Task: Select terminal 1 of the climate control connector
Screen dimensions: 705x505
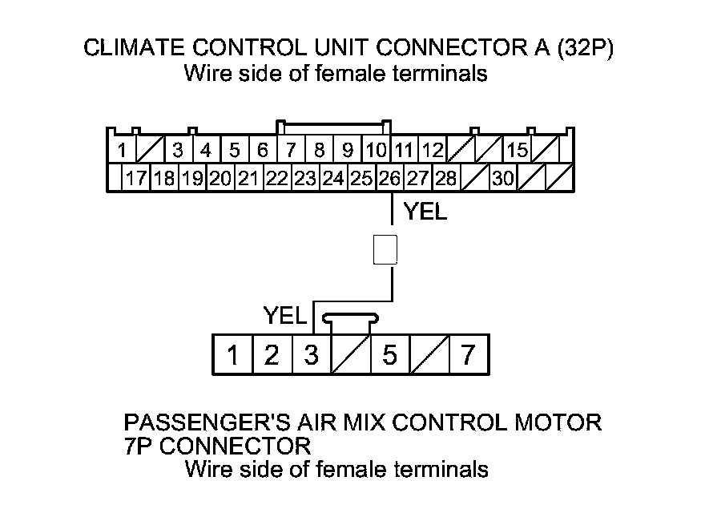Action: point(121,150)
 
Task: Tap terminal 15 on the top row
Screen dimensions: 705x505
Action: point(517,150)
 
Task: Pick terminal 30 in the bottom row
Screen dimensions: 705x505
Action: point(503,178)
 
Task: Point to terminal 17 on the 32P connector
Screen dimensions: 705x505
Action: point(136,178)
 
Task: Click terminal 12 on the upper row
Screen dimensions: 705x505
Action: point(433,150)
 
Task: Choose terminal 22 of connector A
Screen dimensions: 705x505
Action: point(277,178)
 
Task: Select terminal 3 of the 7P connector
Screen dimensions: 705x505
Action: point(311,355)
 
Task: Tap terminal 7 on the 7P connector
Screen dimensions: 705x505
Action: point(469,355)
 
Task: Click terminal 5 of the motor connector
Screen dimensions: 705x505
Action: point(389,355)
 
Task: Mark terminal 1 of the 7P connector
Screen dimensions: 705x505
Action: point(232,355)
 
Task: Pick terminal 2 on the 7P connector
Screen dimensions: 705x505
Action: point(272,355)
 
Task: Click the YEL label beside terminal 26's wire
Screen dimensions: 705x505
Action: point(425,213)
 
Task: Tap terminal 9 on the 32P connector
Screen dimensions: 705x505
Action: point(347,150)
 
